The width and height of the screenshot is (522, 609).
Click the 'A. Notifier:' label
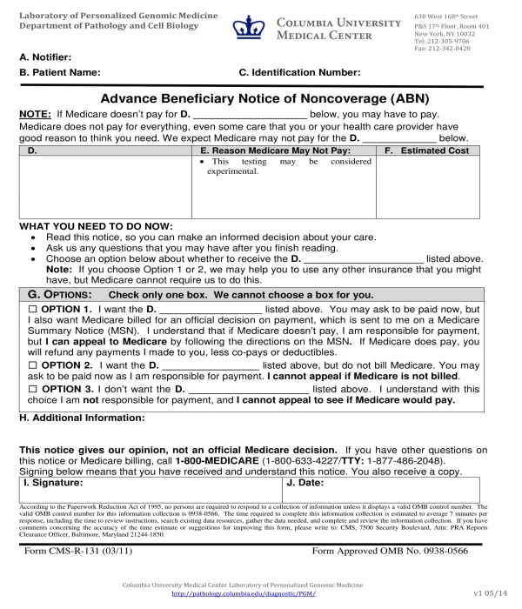click(x=45, y=57)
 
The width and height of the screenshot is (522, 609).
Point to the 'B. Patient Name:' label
click(x=59, y=73)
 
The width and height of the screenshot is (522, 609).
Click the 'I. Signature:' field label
click(x=53, y=481)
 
